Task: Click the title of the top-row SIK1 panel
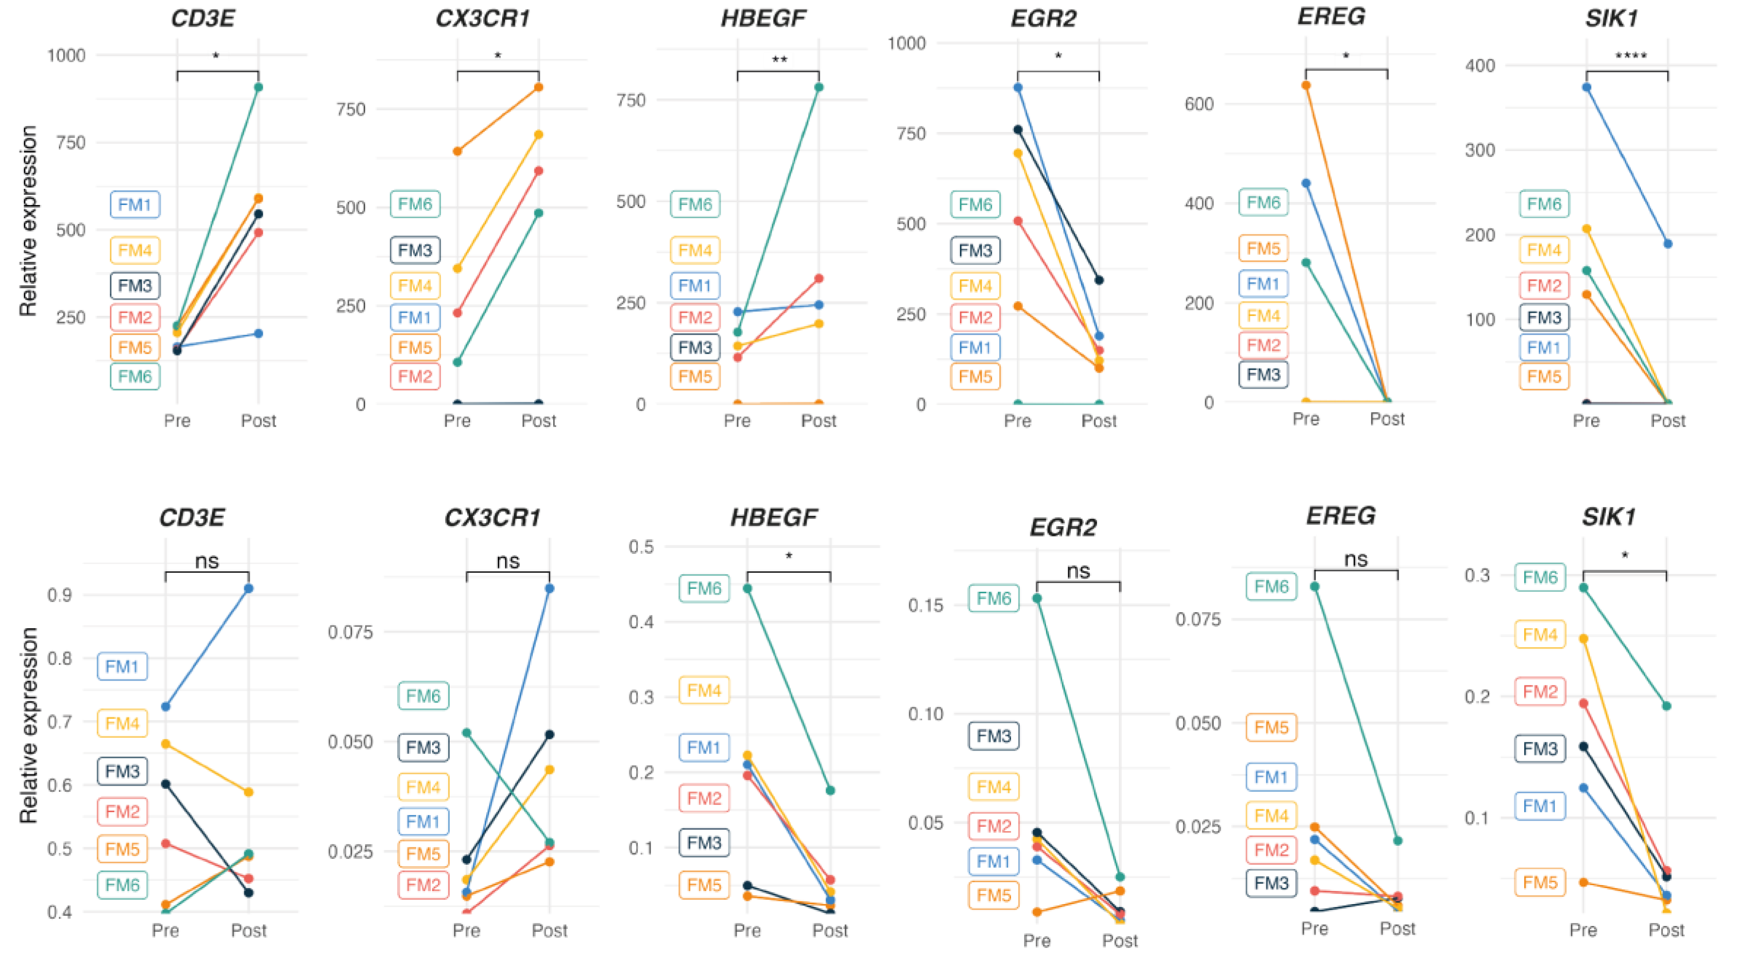(1611, 18)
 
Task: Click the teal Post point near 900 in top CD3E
(258, 87)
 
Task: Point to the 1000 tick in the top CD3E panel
(66, 55)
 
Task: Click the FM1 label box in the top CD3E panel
(135, 205)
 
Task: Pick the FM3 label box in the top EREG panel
(1263, 375)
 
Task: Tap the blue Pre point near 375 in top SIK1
(1587, 87)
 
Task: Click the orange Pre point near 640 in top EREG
(1306, 86)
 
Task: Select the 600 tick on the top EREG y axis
(1199, 104)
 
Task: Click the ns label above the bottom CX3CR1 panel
(507, 561)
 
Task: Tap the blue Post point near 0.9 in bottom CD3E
(249, 589)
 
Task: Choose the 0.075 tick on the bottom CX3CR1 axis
(350, 633)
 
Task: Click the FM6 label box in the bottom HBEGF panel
(704, 589)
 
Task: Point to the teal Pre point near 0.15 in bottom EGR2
(1037, 598)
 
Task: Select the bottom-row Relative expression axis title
(28, 726)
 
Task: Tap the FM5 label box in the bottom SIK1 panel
(1539, 882)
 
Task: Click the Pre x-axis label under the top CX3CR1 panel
(457, 421)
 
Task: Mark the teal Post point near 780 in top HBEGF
(819, 87)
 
